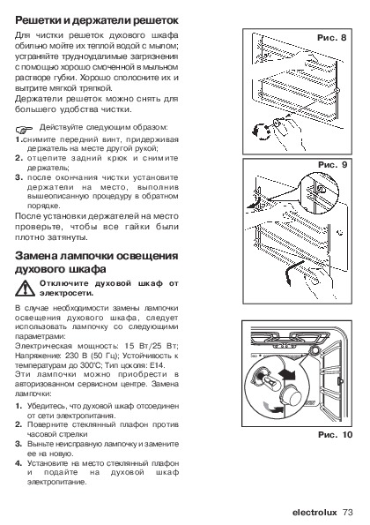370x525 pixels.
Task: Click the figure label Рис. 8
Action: point(331,37)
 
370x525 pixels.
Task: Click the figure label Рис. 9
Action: point(333,164)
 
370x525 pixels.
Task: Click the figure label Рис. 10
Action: point(336,435)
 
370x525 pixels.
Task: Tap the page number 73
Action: point(348,513)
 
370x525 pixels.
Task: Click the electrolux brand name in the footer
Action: point(314,513)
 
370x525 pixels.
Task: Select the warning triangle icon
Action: point(25,289)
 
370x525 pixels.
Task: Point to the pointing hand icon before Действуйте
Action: point(25,129)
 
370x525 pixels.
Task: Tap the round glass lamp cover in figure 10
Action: point(290,396)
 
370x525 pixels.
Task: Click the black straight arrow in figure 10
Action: point(287,373)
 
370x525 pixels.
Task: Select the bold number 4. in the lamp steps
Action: point(18,463)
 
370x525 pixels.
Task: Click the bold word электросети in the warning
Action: point(67,293)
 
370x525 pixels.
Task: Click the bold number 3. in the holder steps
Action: point(18,177)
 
